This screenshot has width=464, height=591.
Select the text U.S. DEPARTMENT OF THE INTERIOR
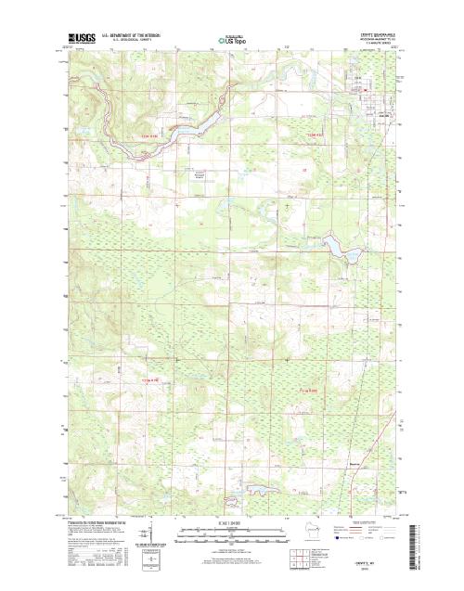pyautogui.click(x=133, y=34)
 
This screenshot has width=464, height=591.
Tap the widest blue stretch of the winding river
pyautogui.click(x=190, y=131)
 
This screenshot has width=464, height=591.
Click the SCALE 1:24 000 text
pyautogui.click(x=232, y=524)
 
